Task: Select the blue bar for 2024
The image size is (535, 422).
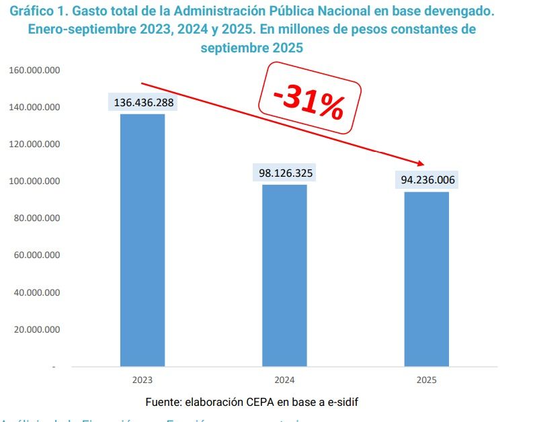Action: (284, 276)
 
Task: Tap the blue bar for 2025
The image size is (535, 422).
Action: (426, 279)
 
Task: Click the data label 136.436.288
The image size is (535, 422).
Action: (142, 103)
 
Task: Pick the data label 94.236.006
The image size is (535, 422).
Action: (427, 180)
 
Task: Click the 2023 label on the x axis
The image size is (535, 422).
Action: (142, 380)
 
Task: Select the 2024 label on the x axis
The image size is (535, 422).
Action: (284, 380)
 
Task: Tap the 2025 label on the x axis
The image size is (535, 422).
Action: (426, 380)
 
